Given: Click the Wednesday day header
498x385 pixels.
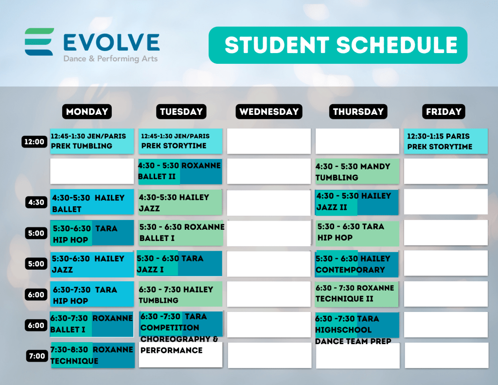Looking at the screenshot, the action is coord(268,111).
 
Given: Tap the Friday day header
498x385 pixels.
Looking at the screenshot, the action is coord(444,111).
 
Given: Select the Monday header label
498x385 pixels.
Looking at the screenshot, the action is coord(87,111).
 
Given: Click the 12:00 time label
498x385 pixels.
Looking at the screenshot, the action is coord(35,142).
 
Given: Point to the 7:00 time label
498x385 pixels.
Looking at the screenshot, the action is coord(37,356).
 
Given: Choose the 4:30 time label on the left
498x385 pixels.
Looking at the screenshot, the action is coord(36,202).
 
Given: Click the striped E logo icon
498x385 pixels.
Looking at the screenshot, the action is coord(39,42).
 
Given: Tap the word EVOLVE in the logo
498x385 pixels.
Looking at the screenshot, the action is coord(111,42).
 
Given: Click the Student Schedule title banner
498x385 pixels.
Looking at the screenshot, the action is coord(338,45).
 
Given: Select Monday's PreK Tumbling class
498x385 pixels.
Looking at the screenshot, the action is coord(92,141).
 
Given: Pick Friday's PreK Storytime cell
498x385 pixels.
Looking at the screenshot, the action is coord(445,141).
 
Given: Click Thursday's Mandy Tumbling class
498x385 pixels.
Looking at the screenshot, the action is coord(357,172).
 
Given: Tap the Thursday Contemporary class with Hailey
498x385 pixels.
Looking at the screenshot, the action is coord(356,264).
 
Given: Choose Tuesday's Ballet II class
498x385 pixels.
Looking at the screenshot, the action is coord(180,172).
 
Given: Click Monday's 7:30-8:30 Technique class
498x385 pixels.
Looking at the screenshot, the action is coord(92,355).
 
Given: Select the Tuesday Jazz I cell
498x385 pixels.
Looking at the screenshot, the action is coord(179,263).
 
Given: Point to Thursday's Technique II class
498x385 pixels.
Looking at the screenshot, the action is coord(356,294).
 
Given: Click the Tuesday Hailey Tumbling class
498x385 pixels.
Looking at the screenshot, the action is coord(180,294).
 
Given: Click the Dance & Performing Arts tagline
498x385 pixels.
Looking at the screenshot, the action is coord(110,59).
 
